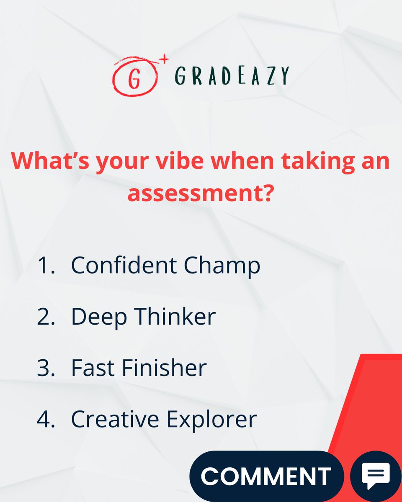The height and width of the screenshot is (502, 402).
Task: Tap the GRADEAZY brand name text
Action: pos(231,76)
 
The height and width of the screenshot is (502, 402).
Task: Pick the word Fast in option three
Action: pos(93,368)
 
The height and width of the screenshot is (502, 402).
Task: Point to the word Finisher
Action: pos(165,368)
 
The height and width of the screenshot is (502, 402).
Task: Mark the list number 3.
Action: pos(46,368)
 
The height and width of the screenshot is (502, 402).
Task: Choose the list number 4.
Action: pos(46,419)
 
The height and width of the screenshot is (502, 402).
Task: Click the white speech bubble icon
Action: pos(376,475)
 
